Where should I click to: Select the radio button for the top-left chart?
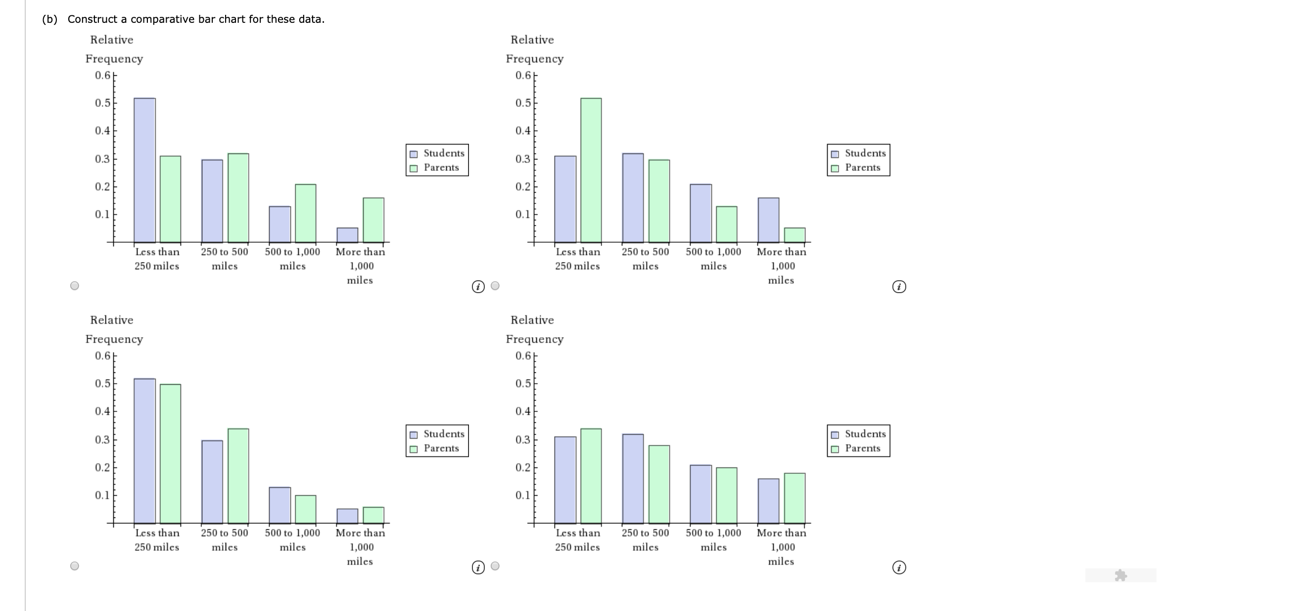[x=75, y=286]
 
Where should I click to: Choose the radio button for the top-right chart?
[x=496, y=286]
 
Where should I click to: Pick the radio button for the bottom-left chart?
[x=75, y=566]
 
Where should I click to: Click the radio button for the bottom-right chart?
[x=496, y=566]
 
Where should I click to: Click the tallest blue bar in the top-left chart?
[x=144, y=170]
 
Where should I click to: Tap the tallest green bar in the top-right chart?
[x=591, y=170]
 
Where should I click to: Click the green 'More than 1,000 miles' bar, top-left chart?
[x=373, y=220]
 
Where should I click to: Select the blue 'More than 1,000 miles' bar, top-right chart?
[x=768, y=220]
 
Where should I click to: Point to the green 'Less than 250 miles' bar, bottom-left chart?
[x=171, y=454]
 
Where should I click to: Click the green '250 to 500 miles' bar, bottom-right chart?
[x=659, y=484]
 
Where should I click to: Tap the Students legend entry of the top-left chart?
[x=437, y=153]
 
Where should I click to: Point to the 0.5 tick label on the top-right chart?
[x=523, y=103]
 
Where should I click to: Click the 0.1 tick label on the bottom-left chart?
[x=102, y=495]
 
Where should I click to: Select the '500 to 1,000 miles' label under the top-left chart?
[x=292, y=258]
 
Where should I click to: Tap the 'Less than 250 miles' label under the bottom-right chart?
[x=577, y=540]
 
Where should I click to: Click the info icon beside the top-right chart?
[x=899, y=287]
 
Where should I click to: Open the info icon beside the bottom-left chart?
[x=478, y=567]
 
